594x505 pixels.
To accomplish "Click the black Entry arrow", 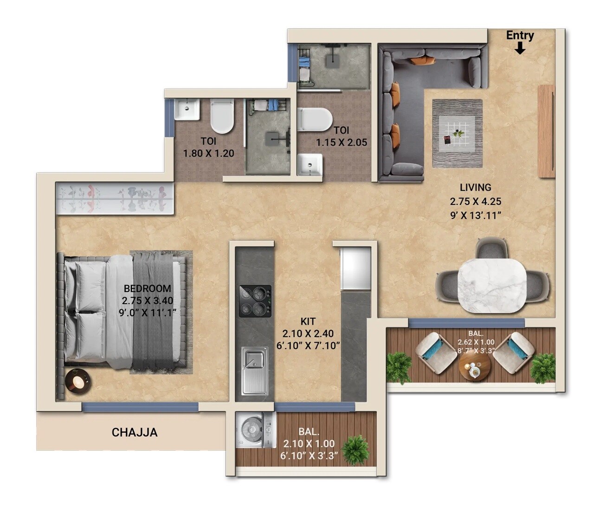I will click(520, 48).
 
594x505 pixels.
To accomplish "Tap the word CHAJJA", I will click(135, 433).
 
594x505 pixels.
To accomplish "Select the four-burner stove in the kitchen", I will click(255, 301).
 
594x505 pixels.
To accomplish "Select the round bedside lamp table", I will click(78, 382).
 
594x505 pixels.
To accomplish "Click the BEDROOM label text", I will click(147, 288).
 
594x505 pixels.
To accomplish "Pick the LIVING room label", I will click(475, 187).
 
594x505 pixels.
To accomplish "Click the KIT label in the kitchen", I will click(308, 321).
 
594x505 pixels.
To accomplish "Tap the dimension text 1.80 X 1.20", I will click(208, 153).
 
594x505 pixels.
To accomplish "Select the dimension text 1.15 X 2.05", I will click(342, 142).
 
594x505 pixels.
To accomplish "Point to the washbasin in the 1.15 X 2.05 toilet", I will click(310, 165).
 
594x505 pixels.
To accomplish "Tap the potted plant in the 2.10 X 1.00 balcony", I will click(356, 449).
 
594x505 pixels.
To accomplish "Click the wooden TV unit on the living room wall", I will click(546, 131).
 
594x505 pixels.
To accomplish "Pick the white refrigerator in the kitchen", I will click(355, 268).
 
